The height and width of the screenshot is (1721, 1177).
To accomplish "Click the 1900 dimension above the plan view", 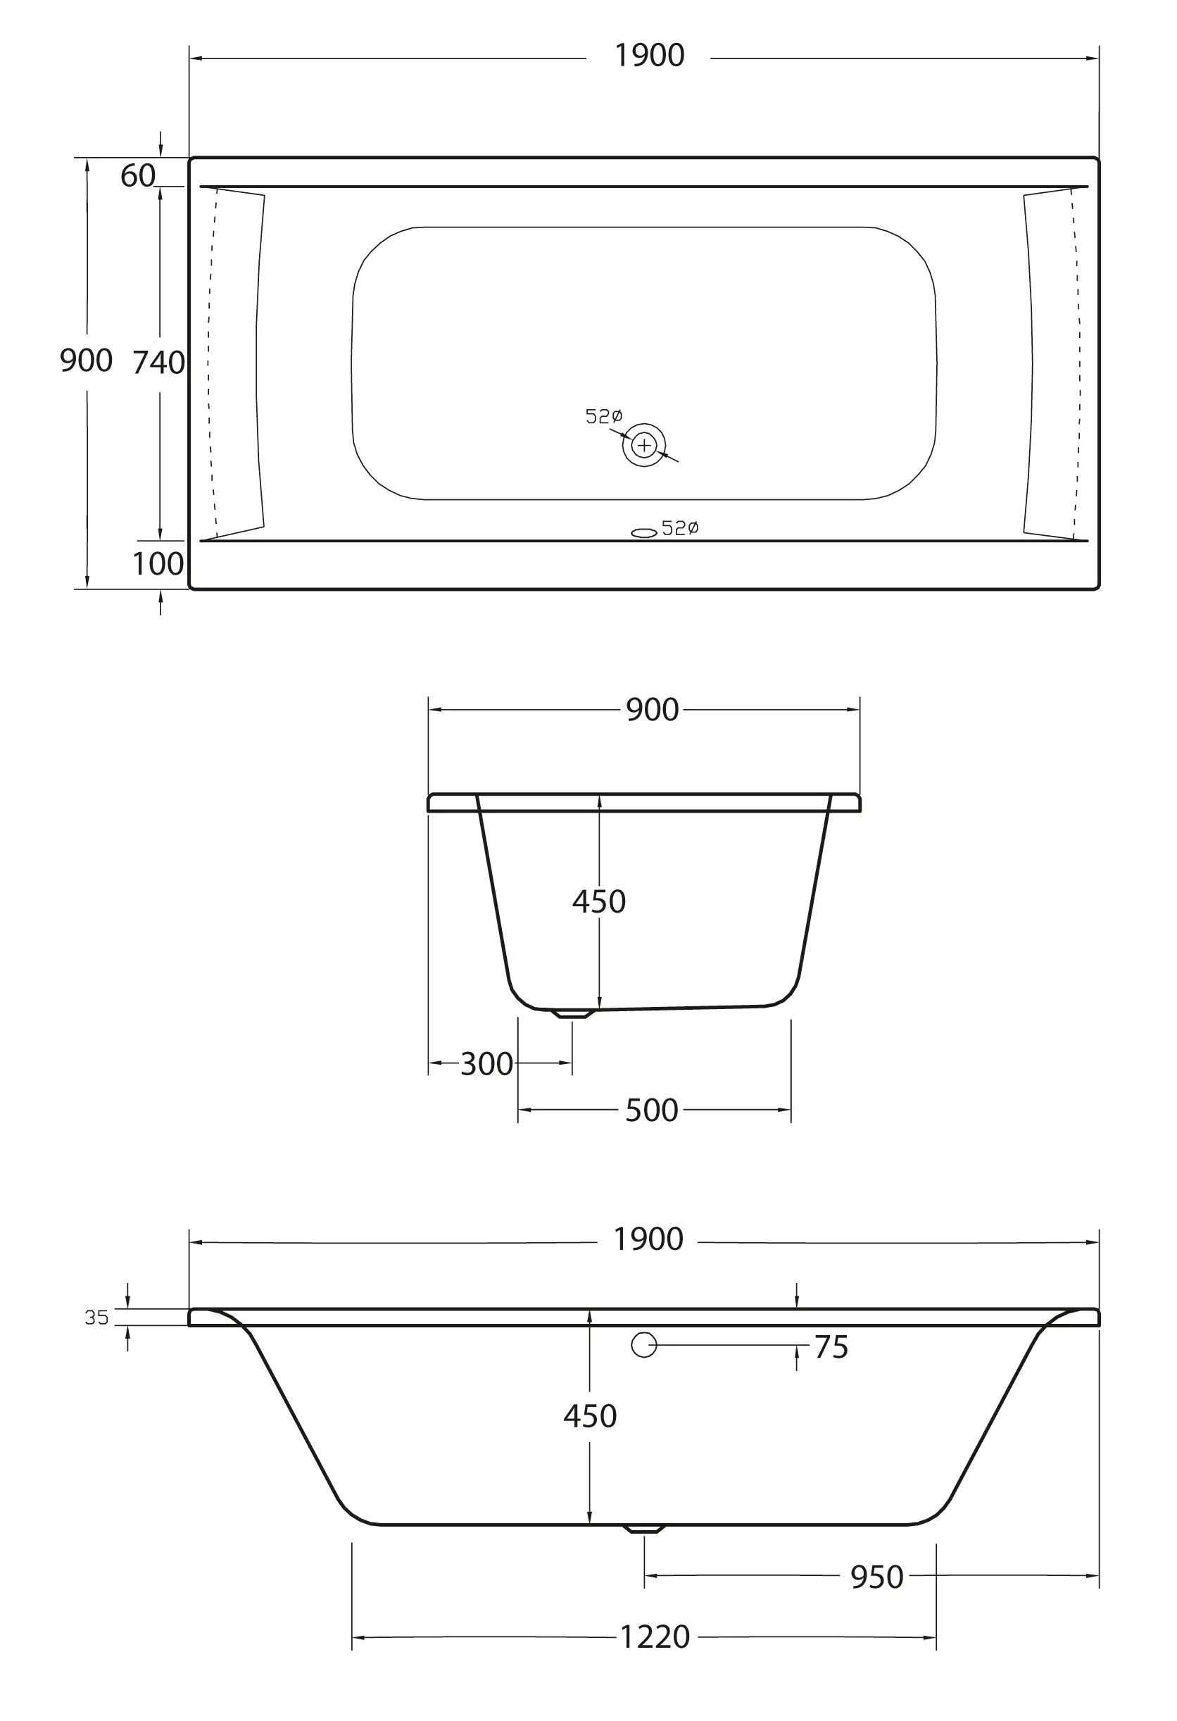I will pyautogui.click(x=649, y=56).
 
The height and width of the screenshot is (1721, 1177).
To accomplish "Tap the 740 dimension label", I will pyautogui.click(x=158, y=363).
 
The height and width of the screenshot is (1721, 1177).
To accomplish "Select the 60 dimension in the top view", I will pyautogui.click(x=138, y=176).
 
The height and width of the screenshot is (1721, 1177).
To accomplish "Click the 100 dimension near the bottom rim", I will pyautogui.click(x=158, y=564).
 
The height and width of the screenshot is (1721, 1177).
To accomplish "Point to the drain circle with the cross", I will pyautogui.click(x=644, y=445).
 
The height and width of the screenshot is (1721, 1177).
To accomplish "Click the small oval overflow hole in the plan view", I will pyautogui.click(x=643, y=532).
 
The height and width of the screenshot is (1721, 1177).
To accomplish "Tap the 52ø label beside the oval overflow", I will pyautogui.click(x=679, y=528).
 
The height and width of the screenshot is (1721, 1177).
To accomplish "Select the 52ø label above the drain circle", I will pyautogui.click(x=604, y=417).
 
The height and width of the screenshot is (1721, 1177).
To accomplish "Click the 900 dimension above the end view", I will pyautogui.click(x=652, y=711).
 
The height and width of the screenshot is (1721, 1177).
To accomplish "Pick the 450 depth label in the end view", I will pyautogui.click(x=599, y=902).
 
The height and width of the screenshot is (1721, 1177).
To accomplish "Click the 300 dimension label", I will pyautogui.click(x=486, y=1065).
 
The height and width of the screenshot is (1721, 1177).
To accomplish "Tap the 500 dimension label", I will pyautogui.click(x=651, y=1110).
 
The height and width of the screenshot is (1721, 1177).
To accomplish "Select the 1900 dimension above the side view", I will pyautogui.click(x=648, y=1239).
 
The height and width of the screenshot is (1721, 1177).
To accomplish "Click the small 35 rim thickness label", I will pyautogui.click(x=97, y=1318).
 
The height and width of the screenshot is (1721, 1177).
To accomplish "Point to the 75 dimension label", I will pyautogui.click(x=831, y=1348).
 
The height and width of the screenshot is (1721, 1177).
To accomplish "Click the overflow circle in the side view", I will pyautogui.click(x=643, y=1345).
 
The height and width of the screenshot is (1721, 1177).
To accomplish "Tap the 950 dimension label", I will pyautogui.click(x=876, y=1577).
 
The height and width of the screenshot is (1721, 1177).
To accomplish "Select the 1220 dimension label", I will pyautogui.click(x=655, y=1637).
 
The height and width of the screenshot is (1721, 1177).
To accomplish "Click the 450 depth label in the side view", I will pyautogui.click(x=590, y=1417).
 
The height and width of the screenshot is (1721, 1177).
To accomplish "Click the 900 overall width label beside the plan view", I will pyautogui.click(x=86, y=361).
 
